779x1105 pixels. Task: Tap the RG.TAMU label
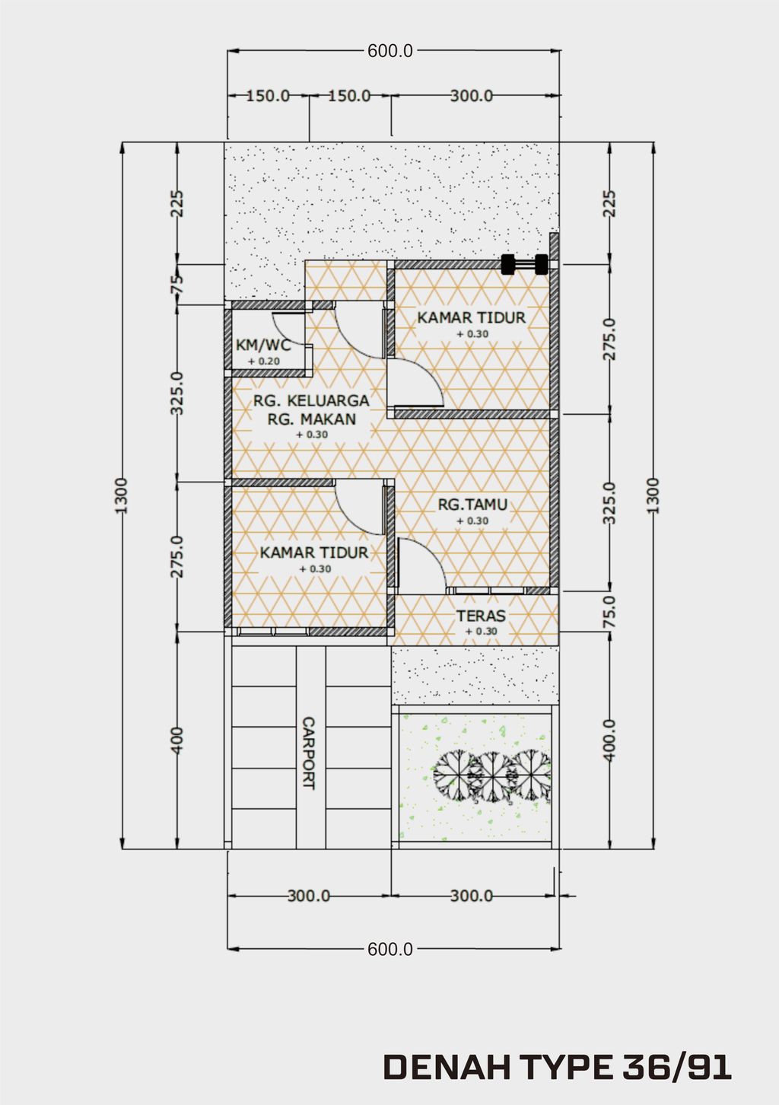[472, 505]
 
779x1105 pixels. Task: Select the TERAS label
[481, 616]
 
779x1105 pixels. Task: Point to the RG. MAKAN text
[311, 419]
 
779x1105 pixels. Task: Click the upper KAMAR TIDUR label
[471, 317]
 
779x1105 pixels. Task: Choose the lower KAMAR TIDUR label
[314, 552]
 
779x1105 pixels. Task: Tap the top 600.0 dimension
[389, 51]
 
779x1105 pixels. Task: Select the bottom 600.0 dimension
[389, 949]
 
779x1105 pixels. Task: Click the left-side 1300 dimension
[122, 495]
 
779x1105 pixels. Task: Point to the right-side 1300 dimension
[653, 495]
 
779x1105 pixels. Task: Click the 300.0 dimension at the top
[471, 96]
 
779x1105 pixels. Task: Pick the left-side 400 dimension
[176, 740]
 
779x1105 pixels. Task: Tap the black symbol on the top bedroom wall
[524, 264]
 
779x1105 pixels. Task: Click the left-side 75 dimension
[176, 285]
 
